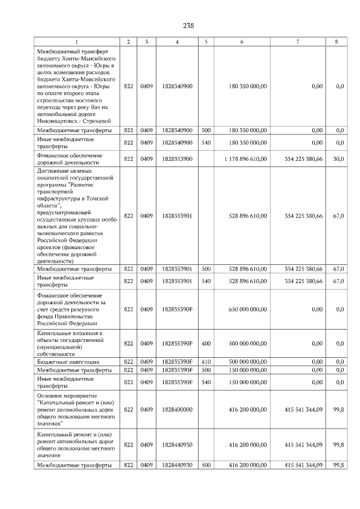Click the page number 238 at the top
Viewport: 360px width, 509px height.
coord(188,25)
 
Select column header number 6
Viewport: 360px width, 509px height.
coord(241,42)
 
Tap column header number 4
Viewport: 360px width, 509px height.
coord(177,42)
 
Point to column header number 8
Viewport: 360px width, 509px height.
coord(336,42)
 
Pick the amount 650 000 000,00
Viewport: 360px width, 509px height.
coord(248,309)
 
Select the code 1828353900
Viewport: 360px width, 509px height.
coord(177,159)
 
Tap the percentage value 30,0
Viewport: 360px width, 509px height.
coord(339,159)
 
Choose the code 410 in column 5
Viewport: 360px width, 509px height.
coord(206,362)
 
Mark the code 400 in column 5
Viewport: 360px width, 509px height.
coord(206,343)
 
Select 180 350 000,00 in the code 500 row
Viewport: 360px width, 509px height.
coord(248,130)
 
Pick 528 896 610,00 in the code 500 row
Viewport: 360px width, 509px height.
coord(248,269)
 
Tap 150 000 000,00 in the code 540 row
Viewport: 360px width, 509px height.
coord(248,382)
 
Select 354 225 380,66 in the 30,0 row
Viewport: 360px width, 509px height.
coord(304,159)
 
